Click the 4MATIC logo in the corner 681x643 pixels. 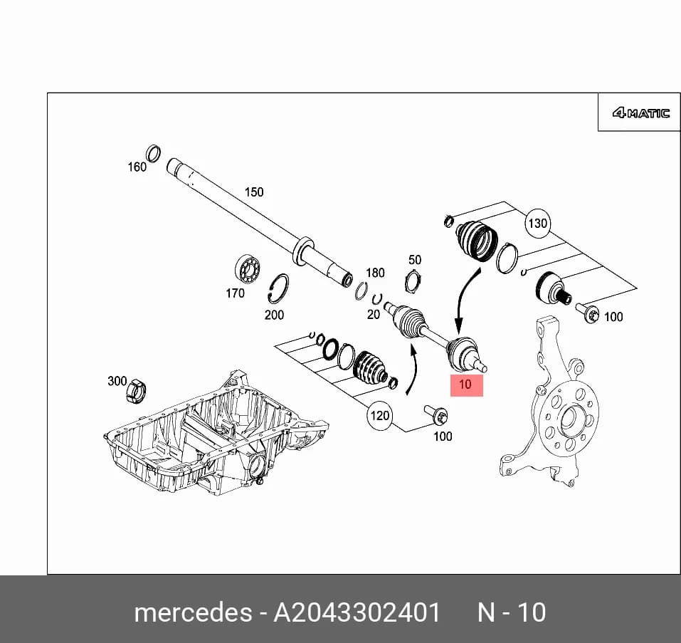[x=640, y=113]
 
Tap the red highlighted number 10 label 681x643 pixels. [x=466, y=385]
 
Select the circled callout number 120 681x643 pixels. [x=379, y=416]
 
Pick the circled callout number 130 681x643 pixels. [x=537, y=224]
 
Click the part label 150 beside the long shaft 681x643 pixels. [x=254, y=192]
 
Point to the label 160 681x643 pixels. [x=137, y=167]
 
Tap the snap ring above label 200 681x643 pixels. [x=278, y=288]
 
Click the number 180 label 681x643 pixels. [x=375, y=273]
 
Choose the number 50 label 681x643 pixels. [x=415, y=260]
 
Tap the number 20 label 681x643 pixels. [x=374, y=314]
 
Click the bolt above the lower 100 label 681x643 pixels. [x=436, y=414]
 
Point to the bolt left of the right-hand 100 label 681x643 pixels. [x=587, y=313]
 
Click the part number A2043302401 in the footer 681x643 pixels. [x=357, y=612]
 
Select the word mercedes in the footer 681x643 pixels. [x=194, y=612]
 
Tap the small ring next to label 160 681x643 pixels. [x=153, y=153]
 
